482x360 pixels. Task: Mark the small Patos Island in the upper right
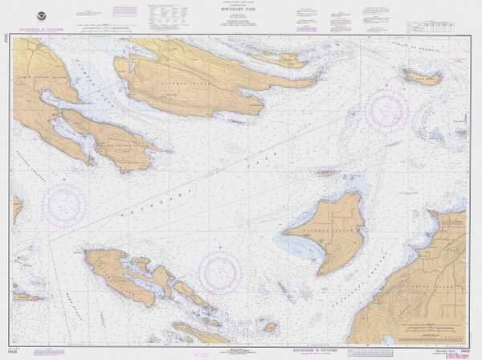click(x=423, y=77)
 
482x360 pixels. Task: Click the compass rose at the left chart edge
click(x=64, y=205)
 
